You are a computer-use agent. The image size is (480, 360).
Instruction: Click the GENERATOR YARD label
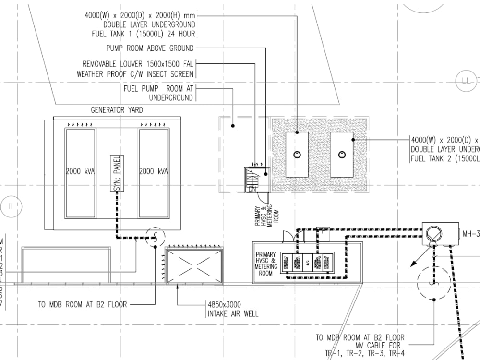(117, 110)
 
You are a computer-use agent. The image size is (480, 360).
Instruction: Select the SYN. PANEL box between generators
(117, 173)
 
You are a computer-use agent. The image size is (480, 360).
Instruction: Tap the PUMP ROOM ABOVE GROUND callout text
(150, 48)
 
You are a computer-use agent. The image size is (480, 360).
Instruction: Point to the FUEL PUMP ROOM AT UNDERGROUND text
(158, 89)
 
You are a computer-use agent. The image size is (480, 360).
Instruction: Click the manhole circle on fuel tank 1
(297, 154)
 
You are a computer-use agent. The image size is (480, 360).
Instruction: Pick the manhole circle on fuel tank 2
(342, 154)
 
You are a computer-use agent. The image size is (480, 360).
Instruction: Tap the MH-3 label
(471, 234)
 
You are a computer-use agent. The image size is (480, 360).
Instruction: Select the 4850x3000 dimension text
(225, 305)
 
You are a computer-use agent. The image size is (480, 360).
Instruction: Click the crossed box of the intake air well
(194, 265)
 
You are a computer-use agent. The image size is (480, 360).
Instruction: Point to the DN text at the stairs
(252, 190)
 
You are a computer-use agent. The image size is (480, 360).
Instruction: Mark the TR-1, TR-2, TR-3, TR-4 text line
(364, 354)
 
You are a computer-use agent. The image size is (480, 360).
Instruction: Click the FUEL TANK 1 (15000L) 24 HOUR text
(143, 34)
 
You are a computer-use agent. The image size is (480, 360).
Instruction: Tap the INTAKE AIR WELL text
(233, 314)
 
